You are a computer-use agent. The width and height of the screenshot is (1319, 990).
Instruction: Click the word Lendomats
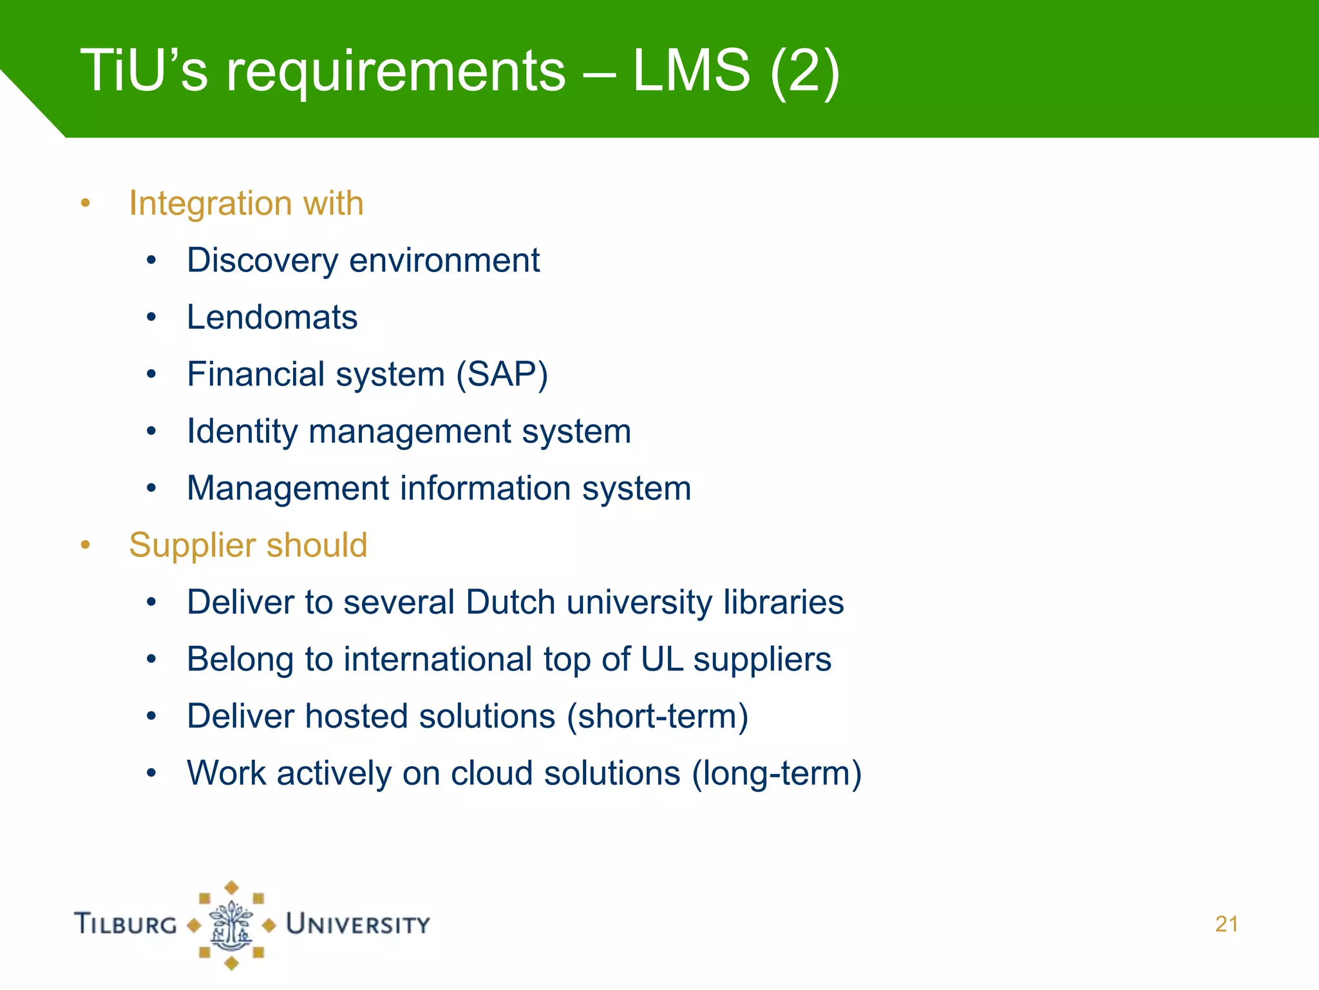(272, 318)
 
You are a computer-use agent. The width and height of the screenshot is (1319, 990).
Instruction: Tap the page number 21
(1226, 924)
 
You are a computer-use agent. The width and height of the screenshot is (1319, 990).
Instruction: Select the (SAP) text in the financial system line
(502, 374)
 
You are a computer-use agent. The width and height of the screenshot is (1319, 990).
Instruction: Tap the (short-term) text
(658, 717)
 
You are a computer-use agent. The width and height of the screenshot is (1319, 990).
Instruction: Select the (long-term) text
(777, 773)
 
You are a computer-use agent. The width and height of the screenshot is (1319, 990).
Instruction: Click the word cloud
(491, 773)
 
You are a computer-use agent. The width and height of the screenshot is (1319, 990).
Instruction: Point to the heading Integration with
(246, 204)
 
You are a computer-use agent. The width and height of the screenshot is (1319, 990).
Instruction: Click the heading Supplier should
(248, 545)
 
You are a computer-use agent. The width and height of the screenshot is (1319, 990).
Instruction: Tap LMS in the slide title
(691, 70)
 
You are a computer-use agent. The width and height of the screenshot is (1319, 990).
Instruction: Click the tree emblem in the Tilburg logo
(231, 925)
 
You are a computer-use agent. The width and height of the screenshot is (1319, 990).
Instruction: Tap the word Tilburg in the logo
(126, 924)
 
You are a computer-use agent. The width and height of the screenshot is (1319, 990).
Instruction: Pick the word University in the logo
(358, 924)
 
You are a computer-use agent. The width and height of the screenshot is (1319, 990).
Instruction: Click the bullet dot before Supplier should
(86, 545)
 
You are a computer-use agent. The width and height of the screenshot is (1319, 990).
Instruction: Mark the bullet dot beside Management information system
(151, 489)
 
